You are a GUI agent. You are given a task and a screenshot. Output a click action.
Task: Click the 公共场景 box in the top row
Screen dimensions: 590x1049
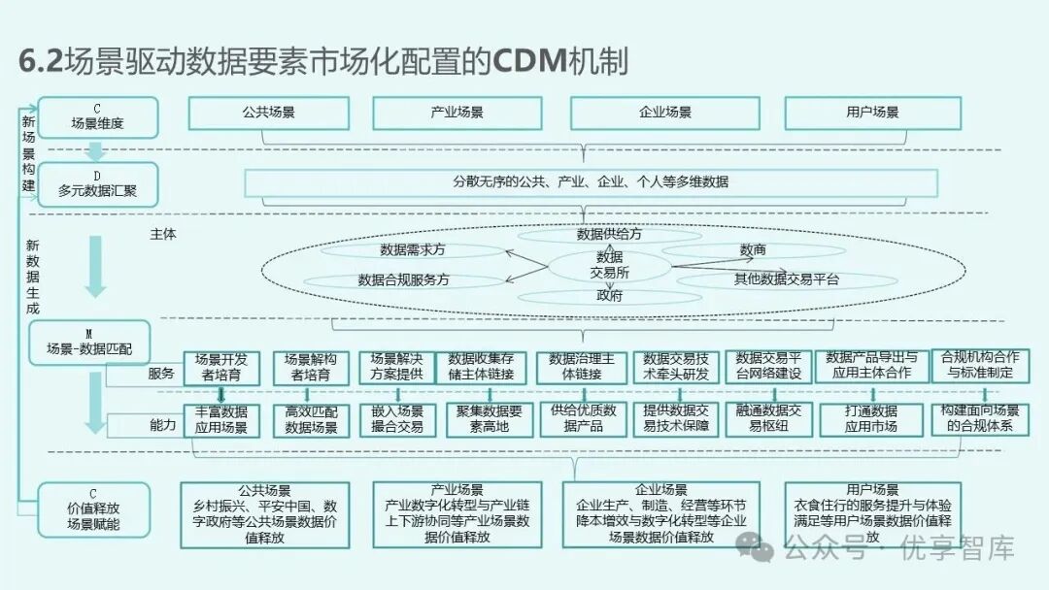269,113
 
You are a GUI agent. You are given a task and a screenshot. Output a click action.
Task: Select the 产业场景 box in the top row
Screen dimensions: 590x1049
457,113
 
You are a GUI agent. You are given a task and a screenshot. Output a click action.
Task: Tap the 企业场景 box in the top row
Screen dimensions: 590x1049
665,113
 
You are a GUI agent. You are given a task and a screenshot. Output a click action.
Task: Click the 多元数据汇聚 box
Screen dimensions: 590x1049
97,184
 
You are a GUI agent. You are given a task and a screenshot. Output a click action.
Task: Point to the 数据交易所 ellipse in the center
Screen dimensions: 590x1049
610,265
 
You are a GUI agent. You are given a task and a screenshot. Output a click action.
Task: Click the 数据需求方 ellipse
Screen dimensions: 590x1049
413,249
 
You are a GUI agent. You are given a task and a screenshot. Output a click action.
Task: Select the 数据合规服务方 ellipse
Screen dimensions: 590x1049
404,279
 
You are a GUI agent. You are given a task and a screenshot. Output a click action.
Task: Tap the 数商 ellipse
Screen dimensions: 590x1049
753,250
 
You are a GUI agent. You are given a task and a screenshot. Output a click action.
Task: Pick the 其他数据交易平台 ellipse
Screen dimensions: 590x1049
785,279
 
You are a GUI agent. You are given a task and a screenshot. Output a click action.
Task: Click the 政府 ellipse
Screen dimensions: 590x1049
610,296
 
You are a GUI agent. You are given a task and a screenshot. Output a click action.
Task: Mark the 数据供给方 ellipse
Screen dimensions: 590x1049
609,235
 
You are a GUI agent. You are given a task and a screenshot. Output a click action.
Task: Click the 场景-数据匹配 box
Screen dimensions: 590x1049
95,342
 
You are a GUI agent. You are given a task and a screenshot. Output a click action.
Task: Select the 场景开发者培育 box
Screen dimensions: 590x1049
221,366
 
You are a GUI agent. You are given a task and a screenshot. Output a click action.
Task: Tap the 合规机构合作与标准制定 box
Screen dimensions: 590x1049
979,365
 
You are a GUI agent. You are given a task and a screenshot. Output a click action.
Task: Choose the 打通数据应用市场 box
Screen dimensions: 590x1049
870,418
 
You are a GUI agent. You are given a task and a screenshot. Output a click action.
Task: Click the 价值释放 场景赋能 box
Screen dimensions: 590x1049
94,509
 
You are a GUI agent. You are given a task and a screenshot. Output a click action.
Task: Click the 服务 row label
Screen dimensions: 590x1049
161,373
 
